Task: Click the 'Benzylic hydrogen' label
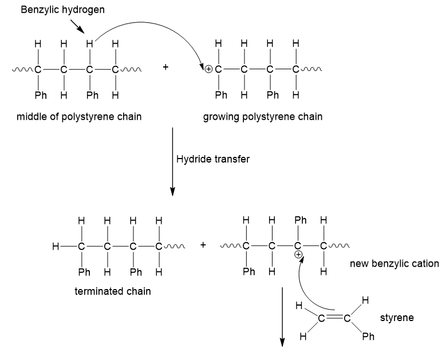(62, 10)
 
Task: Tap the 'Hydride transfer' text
(213, 159)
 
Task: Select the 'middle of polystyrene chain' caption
(79, 117)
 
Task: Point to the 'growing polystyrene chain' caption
(263, 117)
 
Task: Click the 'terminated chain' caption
(113, 291)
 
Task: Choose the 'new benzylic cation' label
(394, 264)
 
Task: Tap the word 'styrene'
(397, 318)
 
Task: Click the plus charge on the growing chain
(208, 69)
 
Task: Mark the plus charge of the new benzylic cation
(298, 255)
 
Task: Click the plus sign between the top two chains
(165, 67)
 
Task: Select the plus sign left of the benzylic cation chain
(203, 245)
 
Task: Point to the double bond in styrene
(334, 318)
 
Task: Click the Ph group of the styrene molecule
(368, 337)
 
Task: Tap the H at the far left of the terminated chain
(56, 246)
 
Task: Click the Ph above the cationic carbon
(301, 220)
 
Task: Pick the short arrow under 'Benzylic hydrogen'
(77, 26)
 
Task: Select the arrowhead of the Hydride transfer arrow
(172, 192)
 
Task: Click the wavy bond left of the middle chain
(23, 69)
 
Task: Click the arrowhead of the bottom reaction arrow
(282, 342)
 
